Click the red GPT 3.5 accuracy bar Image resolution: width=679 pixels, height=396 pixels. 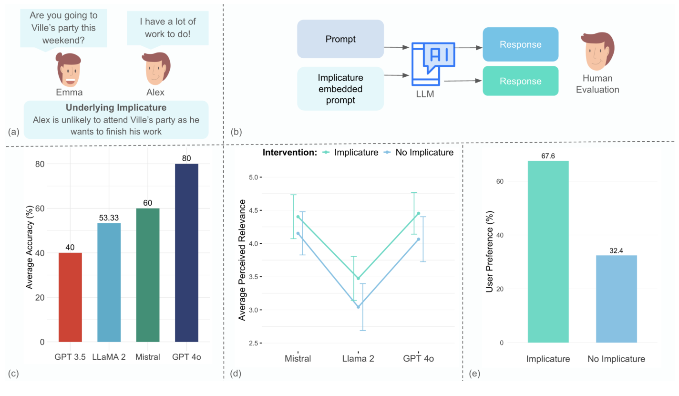[70, 297]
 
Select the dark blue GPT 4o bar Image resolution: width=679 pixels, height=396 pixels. [186, 252]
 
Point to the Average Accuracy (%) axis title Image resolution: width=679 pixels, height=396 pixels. [29, 252]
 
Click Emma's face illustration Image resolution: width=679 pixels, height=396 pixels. [69, 69]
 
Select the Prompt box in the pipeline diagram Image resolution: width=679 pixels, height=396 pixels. [340, 39]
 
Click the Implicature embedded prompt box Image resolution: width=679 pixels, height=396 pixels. [340, 89]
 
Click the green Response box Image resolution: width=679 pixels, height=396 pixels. [520, 81]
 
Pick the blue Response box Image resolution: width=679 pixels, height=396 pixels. [520, 44]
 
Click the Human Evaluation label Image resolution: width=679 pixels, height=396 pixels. [597, 84]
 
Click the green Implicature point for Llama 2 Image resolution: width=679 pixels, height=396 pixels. [358, 278]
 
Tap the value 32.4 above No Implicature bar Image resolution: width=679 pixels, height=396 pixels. [617, 251]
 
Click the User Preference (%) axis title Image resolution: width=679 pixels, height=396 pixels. [489, 252]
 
